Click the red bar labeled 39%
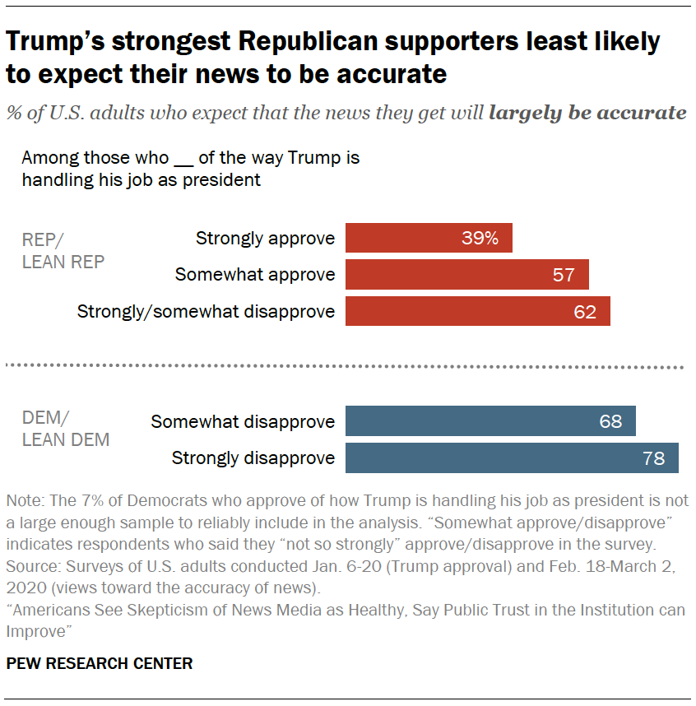tap(429, 238)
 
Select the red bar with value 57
tap(466, 274)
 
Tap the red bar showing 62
tap(477, 311)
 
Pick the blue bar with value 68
tap(490, 421)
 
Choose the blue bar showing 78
tap(512, 458)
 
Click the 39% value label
tap(480, 239)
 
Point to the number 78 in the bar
tap(653, 458)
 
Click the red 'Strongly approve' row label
tap(265, 239)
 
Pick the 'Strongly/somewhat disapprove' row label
tap(206, 311)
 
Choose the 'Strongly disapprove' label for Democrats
tap(253, 458)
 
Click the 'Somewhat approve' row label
tap(255, 275)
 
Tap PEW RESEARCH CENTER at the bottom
tap(100, 663)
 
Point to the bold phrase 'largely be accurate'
tap(587, 113)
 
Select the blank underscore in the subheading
tap(183, 158)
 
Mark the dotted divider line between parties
tap(346, 366)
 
